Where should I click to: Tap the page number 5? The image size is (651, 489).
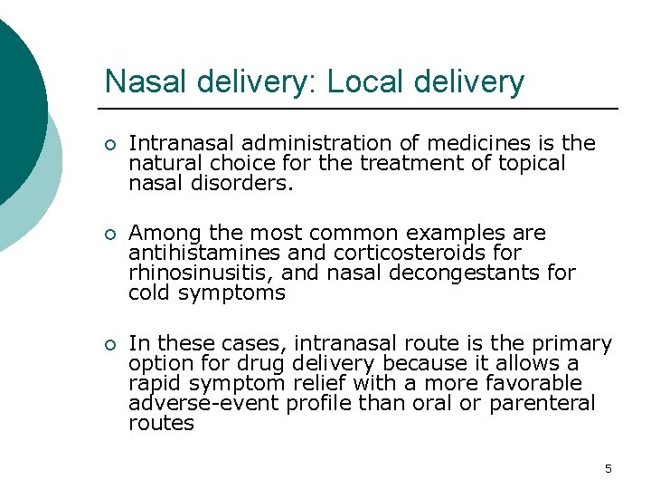click(x=609, y=468)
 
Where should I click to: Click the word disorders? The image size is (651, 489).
click(x=229, y=183)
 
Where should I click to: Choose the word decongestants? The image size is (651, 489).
click(x=460, y=273)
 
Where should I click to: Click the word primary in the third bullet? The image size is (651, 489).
click(x=573, y=344)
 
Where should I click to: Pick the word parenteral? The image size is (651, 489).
click(x=542, y=403)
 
